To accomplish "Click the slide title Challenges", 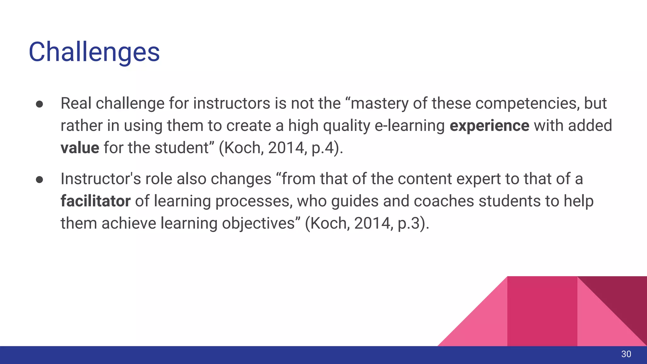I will [94, 52].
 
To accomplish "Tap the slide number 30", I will [626, 354].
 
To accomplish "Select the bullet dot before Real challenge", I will [39, 104].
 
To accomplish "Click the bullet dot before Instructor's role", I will [39, 179].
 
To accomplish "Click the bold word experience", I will [489, 126].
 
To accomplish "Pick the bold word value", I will [80, 148].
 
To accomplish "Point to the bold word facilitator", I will [95, 201].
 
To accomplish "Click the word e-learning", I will [409, 126].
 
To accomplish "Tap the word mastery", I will [379, 104].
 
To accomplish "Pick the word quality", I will [346, 126].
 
